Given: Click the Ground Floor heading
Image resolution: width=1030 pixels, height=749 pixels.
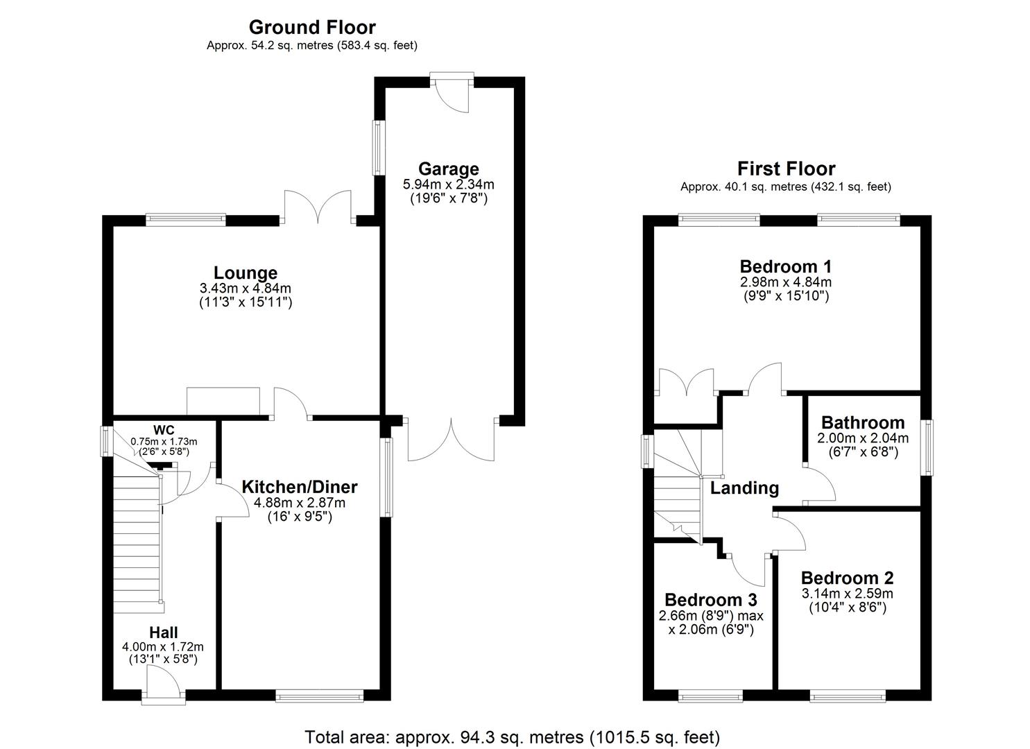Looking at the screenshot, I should [x=312, y=28].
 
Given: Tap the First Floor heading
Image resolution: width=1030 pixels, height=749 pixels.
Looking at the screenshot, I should [x=786, y=169].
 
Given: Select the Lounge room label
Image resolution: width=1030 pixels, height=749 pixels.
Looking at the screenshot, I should [x=245, y=273].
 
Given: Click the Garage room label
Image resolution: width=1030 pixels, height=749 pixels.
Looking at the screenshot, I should [x=448, y=169].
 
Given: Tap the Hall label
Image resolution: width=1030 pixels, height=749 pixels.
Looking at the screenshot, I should [x=163, y=632].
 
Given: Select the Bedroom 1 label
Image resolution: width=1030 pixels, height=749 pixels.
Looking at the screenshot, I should [x=785, y=266].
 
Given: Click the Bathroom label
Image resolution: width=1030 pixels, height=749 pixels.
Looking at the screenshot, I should [x=862, y=422].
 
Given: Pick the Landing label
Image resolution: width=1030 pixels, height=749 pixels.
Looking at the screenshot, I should [x=744, y=488].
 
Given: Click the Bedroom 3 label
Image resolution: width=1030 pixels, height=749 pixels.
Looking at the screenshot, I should [x=710, y=599].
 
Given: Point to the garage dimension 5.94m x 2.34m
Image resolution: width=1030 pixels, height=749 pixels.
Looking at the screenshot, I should [x=448, y=184].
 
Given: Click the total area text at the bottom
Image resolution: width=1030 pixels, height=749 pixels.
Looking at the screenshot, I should [x=512, y=737].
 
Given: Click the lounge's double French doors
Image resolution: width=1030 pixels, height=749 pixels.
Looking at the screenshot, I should [x=317, y=208].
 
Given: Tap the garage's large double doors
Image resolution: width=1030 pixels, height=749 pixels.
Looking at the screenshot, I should [x=451, y=440].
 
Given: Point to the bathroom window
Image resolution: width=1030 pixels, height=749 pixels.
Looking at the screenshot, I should [x=927, y=447].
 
